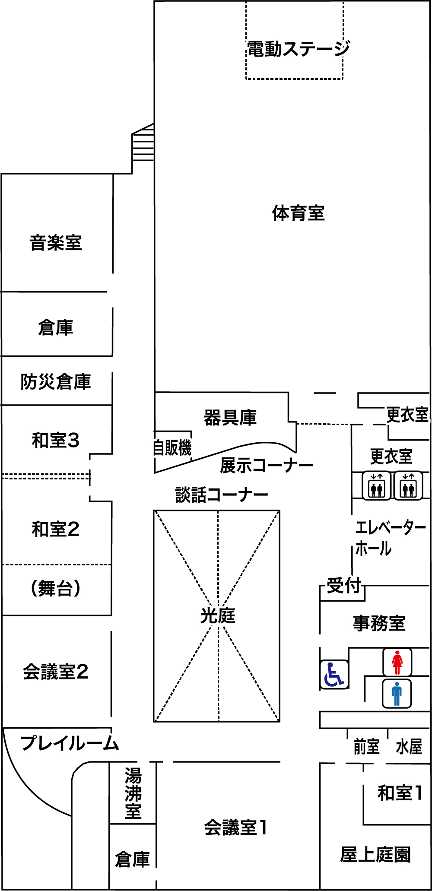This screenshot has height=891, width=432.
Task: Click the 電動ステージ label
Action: tap(299, 49)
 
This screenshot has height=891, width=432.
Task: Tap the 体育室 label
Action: tap(299, 213)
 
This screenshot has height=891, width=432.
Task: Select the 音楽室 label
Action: tap(56, 242)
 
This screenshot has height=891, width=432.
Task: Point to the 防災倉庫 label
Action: tap(56, 382)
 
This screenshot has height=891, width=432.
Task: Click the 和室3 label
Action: tap(56, 441)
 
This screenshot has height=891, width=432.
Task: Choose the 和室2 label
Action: tap(56, 529)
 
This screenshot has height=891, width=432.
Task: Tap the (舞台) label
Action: tap(56, 588)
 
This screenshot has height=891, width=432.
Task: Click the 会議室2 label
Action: tap(56, 672)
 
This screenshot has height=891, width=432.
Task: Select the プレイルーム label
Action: tap(70, 743)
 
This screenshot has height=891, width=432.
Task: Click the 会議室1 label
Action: tap(235, 828)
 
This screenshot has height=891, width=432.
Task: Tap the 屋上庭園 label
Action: tap(375, 854)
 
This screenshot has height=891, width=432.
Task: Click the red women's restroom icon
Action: tap(397, 663)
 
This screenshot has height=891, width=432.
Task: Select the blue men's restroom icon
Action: tap(397, 694)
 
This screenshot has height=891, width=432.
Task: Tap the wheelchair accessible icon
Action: tap(334, 675)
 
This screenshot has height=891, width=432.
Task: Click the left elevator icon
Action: tap(377, 485)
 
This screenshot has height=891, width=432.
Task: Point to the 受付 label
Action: tap(344, 586)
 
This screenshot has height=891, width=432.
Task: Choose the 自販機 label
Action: tap(172, 447)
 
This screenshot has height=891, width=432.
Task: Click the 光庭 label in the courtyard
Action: tap(217, 615)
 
